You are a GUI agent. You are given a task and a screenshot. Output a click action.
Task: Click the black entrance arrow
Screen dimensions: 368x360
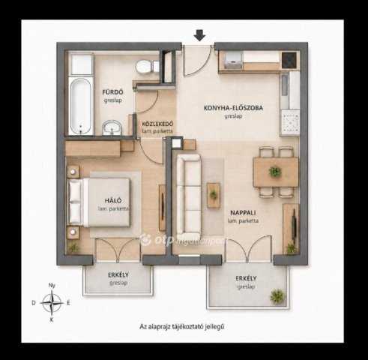pyautogui.click(x=200, y=35)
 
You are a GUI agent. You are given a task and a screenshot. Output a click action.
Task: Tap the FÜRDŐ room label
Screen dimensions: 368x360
pyautogui.click(x=112, y=92)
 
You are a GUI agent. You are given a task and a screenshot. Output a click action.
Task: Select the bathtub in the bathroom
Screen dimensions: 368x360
pyautogui.click(x=80, y=106)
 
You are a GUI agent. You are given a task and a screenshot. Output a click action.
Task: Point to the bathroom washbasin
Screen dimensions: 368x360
pyautogui.click(x=112, y=127)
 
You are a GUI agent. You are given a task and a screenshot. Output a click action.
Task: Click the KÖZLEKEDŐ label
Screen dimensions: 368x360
pyautogui.click(x=157, y=124)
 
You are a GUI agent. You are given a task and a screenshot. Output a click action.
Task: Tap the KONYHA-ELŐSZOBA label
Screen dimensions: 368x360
pyautogui.click(x=233, y=108)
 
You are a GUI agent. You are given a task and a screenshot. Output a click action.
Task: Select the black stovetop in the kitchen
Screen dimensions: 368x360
pyautogui.click(x=289, y=60)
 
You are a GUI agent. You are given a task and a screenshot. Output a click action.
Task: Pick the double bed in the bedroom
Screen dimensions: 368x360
pyautogui.click(x=99, y=202)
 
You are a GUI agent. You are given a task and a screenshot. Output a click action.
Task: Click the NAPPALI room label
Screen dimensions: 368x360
pyautogui.click(x=243, y=213)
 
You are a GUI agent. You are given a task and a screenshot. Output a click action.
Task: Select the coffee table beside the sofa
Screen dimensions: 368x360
pyautogui.click(x=214, y=195)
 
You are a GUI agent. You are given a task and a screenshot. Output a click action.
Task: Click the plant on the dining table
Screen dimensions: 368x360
pyautogui.click(x=275, y=172)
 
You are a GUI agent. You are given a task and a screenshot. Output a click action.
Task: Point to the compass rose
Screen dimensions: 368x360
pyautogui.click(x=52, y=303)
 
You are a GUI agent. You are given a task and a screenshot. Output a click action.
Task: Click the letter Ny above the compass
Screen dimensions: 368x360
pyautogui.click(x=52, y=285)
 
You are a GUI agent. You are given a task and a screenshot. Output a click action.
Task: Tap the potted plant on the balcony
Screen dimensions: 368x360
pyautogui.click(x=277, y=296)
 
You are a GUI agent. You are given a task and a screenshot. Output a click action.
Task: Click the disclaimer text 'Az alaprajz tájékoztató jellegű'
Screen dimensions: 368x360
pyautogui.click(x=182, y=326)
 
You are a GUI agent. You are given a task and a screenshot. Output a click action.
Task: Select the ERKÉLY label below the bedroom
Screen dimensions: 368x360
pyautogui.click(x=118, y=275)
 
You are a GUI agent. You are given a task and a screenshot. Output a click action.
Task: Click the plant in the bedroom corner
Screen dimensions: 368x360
pyautogui.click(x=73, y=247)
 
